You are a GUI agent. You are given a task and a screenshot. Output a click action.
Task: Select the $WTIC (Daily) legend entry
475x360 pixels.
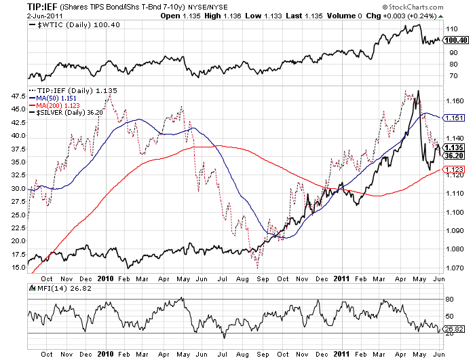[67, 25]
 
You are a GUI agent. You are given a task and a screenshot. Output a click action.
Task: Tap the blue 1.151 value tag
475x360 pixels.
[453, 118]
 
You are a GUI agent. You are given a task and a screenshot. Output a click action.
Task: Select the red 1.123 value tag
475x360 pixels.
[453, 170]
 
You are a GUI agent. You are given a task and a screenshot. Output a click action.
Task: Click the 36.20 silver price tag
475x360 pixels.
[453, 155]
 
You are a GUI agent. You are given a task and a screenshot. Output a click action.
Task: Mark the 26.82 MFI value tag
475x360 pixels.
[453, 330]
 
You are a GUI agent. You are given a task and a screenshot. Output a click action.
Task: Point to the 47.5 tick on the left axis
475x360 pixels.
[18, 96]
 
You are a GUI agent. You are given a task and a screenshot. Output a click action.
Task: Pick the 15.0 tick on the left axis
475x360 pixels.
[18, 267]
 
